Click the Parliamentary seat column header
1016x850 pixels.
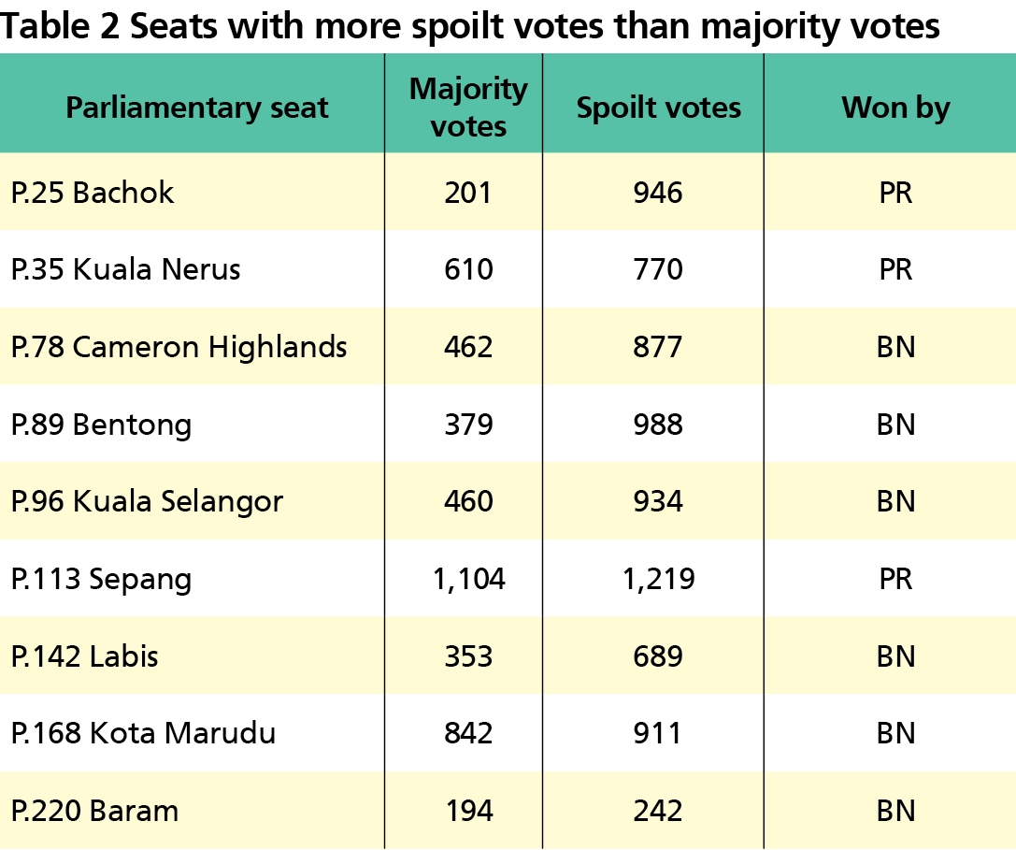[196, 108]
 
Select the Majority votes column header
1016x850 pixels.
[468, 108]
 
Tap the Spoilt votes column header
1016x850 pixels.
[658, 108]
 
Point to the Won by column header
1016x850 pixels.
[895, 108]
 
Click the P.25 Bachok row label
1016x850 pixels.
[93, 193]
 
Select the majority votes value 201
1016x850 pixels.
[468, 193]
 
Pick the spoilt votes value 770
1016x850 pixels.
[658, 270]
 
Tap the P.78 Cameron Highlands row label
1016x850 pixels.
[179, 347]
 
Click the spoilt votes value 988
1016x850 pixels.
[658, 425]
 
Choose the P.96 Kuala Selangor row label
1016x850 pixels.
[147, 501]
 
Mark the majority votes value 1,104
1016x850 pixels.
[468, 579]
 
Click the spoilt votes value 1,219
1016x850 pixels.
[658, 579]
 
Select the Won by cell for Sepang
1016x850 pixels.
[895, 579]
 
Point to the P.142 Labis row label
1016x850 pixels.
[84, 656]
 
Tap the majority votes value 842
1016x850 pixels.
[468, 733]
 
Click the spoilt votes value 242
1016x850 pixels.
[658, 810]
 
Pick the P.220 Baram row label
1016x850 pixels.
[94, 810]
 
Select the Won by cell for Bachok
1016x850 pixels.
[895, 193]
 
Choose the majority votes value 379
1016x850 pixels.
[468, 425]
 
